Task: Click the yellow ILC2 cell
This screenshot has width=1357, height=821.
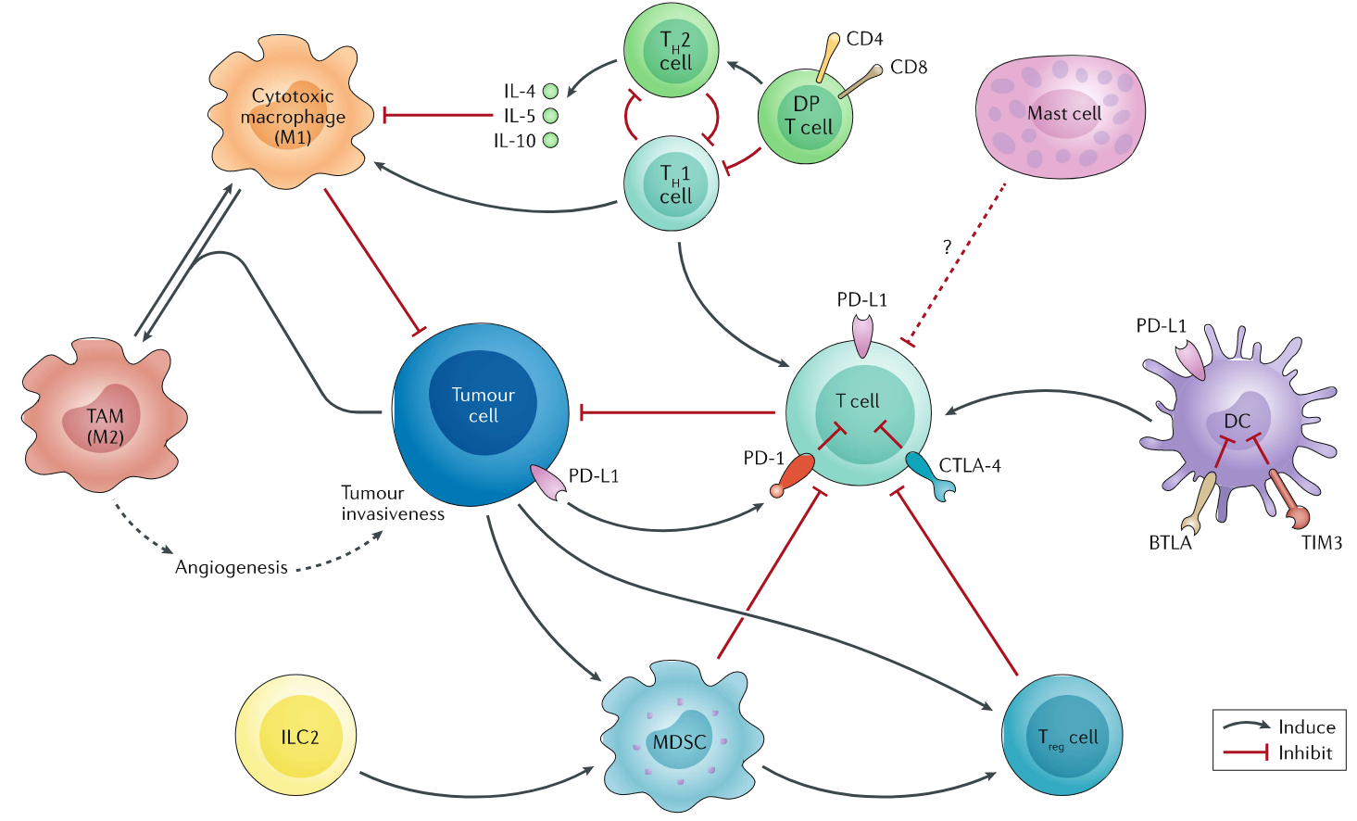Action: pos(295,737)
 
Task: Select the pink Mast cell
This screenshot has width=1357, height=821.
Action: pos(1061,116)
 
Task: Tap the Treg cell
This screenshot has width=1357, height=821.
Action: pos(1062,736)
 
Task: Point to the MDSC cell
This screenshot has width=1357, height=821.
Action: pos(682,741)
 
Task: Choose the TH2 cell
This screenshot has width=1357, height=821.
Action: pos(672,50)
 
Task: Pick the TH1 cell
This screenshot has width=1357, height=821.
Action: pos(672,183)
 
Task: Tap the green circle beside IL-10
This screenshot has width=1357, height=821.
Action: pos(550,141)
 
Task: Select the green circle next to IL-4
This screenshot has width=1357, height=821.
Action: pos(550,91)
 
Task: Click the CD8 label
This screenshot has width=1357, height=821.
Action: pos(909,67)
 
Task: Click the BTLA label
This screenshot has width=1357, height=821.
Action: pos(1170,543)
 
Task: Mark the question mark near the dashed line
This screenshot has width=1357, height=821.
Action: pos(947,246)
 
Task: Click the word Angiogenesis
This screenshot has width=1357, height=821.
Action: pos(232,567)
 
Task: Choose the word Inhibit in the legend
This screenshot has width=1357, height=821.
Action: pos(1305,753)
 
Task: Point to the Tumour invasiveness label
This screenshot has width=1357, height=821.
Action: pos(392,503)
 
